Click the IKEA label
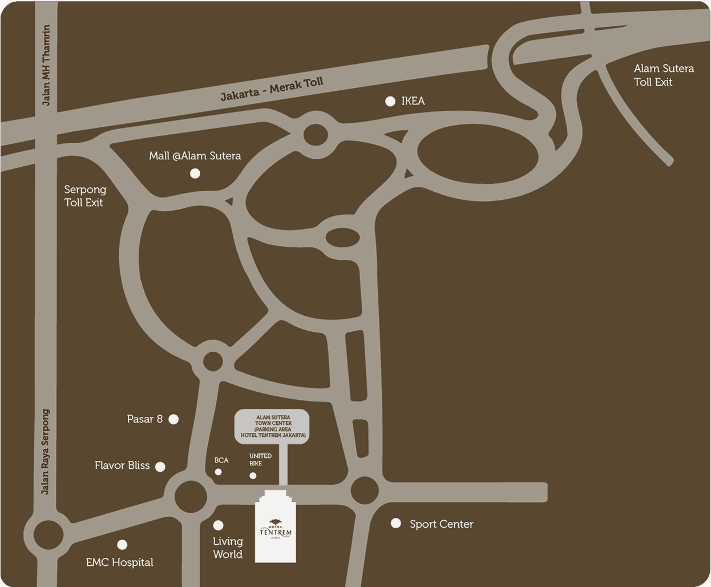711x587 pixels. pos(413,101)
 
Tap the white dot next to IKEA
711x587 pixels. pos(390,102)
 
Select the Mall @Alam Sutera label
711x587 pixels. pos(195,156)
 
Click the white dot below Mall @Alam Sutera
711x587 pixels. pos(195,174)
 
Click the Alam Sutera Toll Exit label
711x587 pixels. pos(664,75)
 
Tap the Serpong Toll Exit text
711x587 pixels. pos(85,196)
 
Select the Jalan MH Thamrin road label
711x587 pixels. pos(46,65)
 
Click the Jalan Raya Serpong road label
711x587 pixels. pos(46,451)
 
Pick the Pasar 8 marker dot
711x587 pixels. pos(174,420)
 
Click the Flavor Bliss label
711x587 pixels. pos(122,465)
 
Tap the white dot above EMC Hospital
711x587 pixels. pos(122,545)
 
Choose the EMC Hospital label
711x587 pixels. pos(119,562)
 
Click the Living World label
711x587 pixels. pos(228,548)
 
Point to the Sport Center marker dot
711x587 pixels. pos(396,523)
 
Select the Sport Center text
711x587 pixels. pos(441,524)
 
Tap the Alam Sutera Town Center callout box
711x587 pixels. pos(273,426)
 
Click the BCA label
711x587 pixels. pos(221,460)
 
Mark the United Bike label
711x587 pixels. pos(260,460)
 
